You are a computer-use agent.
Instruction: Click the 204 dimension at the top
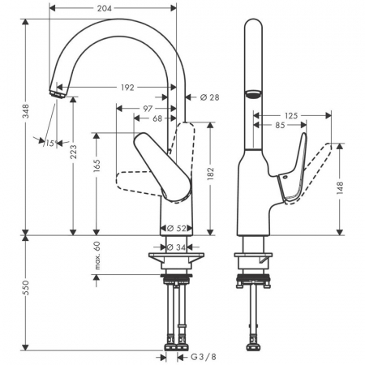[105, 8]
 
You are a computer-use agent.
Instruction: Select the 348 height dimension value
[26, 111]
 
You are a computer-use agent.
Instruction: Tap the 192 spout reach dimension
[127, 88]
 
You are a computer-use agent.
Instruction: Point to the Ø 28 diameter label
[209, 97]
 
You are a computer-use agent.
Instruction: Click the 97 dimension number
[148, 109]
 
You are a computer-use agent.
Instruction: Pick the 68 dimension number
[157, 118]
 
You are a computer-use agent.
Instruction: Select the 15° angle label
[50, 143]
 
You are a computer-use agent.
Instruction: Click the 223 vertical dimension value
[73, 152]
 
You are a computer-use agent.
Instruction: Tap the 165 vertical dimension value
[97, 165]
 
